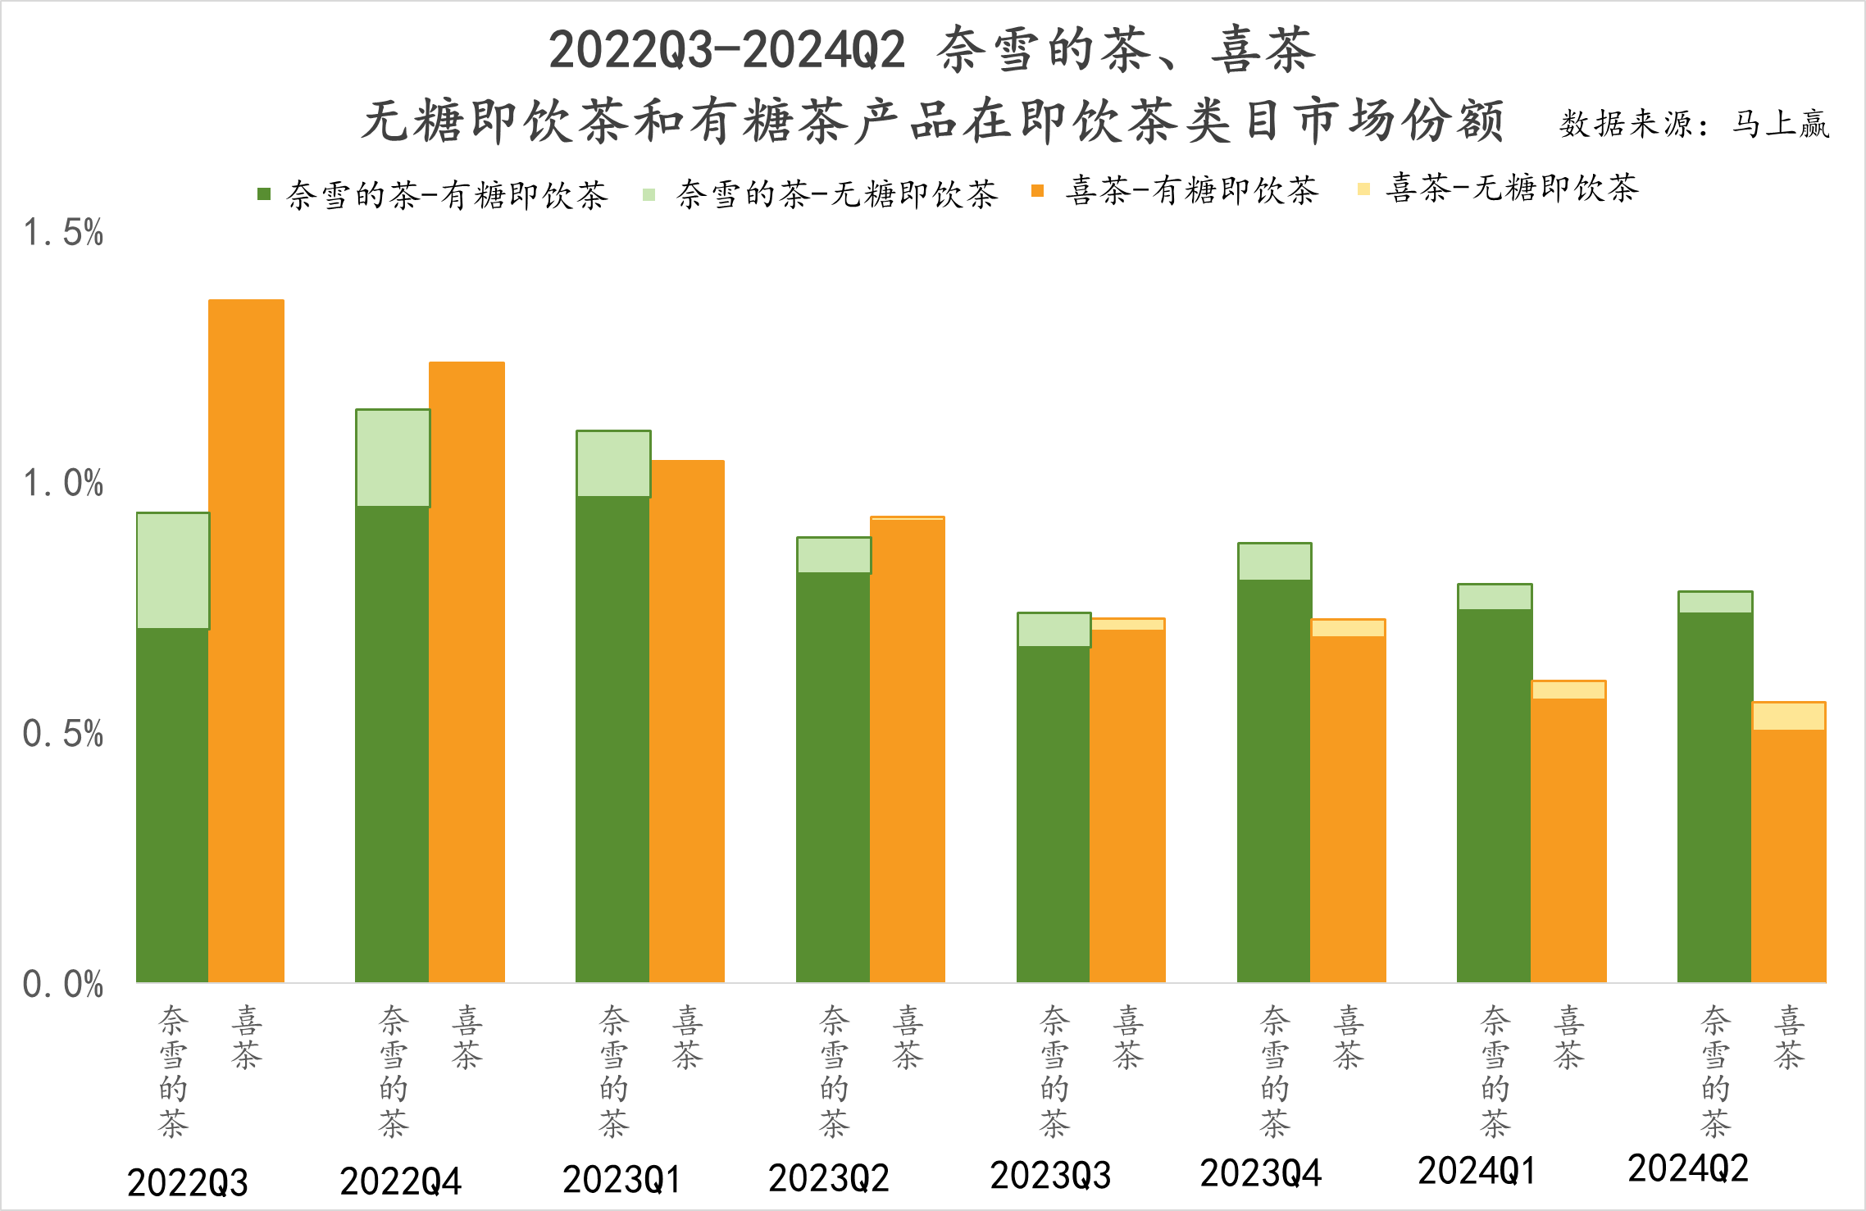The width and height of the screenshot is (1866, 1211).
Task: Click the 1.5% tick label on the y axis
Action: click(x=63, y=233)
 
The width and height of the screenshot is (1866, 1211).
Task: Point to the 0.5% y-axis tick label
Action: click(x=63, y=734)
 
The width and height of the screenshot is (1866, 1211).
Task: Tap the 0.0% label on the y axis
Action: click(x=63, y=984)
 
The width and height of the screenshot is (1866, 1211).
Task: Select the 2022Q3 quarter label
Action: click(x=188, y=1182)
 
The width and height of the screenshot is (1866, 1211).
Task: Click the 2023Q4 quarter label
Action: click(x=1261, y=1174)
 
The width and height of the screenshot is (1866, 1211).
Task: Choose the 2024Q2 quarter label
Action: click(x=1688, y=1169)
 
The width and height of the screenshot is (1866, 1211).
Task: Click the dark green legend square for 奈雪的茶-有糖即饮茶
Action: click(x=264, y=194)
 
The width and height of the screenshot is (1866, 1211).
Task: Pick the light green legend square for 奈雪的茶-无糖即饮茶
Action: click(x=649, y=194)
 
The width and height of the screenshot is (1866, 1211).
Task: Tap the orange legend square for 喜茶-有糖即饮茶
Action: click(x=1038, y=191)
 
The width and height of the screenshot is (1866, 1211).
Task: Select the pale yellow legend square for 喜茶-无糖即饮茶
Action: click(x=1364, y=189)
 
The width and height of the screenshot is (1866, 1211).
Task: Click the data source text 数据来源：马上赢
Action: click(x=1694, y=124)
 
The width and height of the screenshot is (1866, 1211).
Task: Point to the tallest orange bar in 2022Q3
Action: click(x=246, y=640)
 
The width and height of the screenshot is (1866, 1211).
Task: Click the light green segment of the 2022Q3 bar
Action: click(x=173, y=571)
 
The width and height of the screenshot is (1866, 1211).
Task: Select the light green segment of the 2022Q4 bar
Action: click(x=393, y=458)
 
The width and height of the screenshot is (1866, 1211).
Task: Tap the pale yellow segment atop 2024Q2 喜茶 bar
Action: click(x=1788, y=716)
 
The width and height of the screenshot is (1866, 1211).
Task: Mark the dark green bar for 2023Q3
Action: click(x=1054, y=813)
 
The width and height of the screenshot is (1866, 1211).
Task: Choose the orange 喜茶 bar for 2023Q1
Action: click(x=687, y=722)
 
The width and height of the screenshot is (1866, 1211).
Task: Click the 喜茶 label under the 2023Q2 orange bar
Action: click(x=908, y=1038)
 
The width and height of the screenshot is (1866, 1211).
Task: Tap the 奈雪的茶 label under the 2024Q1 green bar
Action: click(x=1495, y=1072)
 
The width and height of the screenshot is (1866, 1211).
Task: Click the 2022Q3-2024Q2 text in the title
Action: click(x=726, y=49)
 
